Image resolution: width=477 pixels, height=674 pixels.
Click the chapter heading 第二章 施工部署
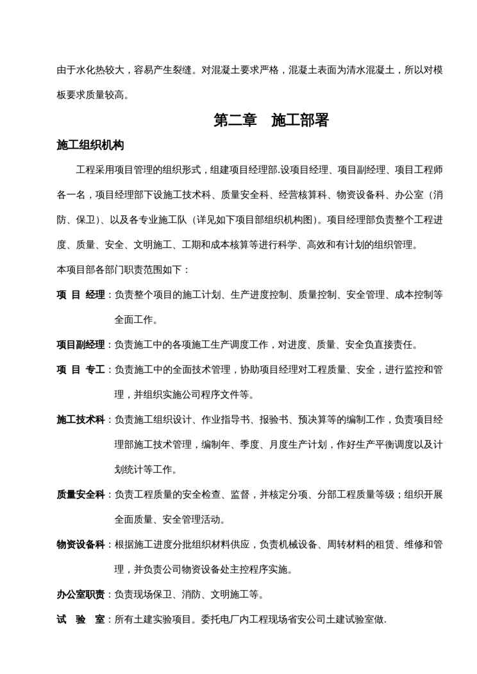point(271,120)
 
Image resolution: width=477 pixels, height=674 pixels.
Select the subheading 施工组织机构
point(90,145)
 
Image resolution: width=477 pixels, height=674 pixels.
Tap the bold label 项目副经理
point(80,345)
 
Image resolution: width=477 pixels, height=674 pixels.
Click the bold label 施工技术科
point(80,420)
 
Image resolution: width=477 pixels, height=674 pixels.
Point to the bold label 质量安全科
point(80,495)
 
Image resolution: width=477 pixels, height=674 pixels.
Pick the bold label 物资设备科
point(80,545)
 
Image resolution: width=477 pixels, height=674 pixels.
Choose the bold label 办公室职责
point(80,595)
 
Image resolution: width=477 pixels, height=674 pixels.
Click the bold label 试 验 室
point(80,620)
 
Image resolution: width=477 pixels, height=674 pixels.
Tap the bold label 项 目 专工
point(80,370)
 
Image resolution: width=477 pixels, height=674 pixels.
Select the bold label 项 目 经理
point(80,295)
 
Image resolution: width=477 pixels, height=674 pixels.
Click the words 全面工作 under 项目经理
point(136,320)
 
